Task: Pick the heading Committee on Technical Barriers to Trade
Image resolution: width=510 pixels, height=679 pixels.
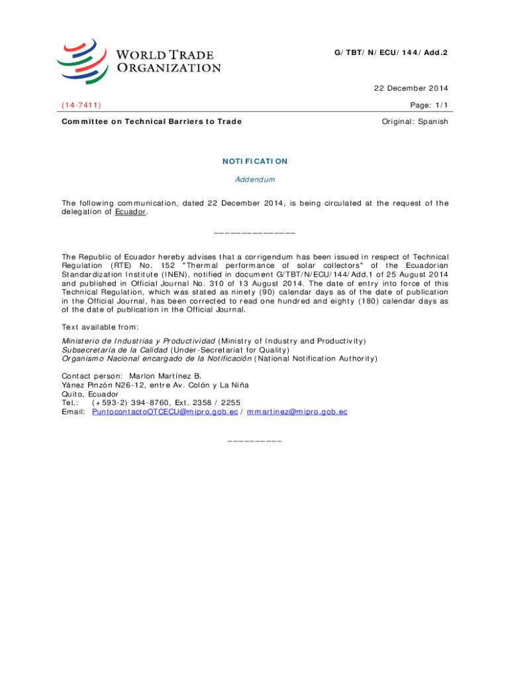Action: (x=152, y=121)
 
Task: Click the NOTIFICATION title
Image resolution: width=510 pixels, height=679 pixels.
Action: (x=255, y=161)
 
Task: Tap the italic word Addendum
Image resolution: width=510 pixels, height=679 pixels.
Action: (x=255, y=180)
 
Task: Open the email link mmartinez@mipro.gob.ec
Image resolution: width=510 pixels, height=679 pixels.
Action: (x=297, y=412)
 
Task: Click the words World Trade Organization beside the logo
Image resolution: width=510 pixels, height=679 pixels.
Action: (x=169, y=60)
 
